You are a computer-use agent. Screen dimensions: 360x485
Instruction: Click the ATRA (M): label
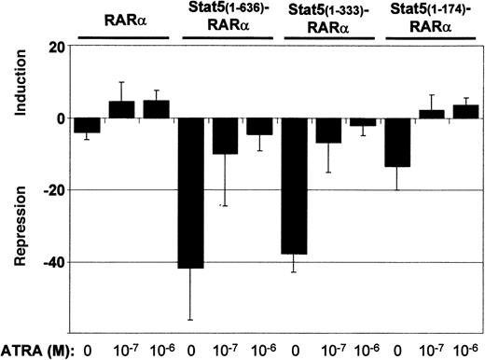point(35,349)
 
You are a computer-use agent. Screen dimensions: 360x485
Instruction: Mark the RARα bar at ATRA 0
point(88,126)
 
